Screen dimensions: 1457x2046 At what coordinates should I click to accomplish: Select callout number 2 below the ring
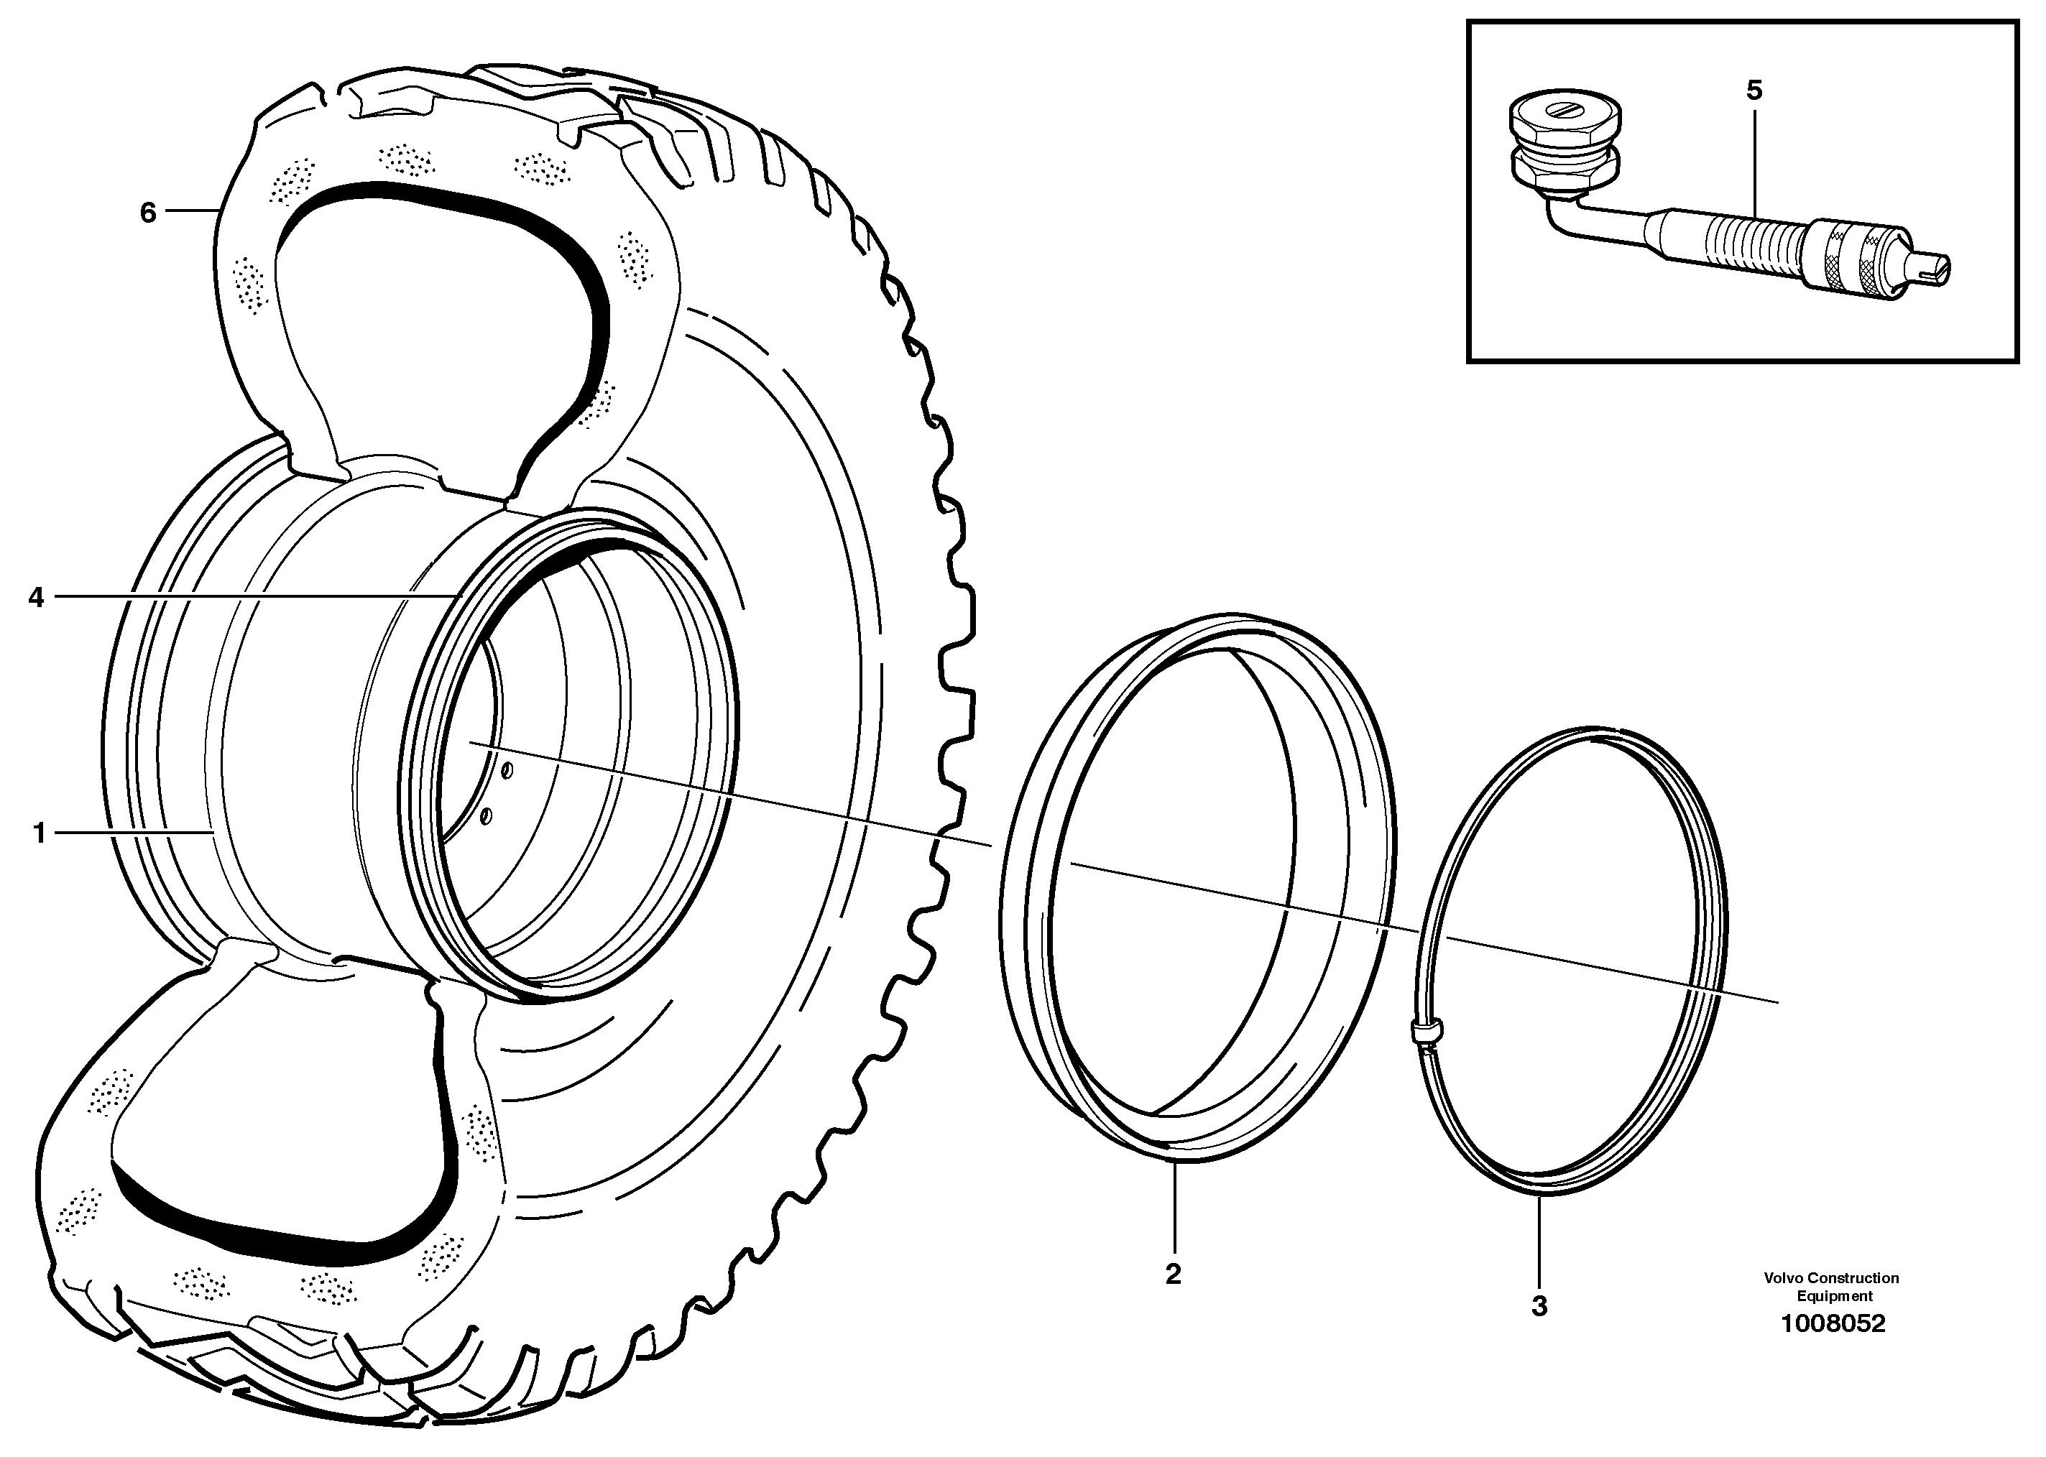pos(1173,1274)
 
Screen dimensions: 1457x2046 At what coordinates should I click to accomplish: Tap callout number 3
pos(1539,1306)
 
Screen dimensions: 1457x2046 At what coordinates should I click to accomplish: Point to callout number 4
pos(36,596)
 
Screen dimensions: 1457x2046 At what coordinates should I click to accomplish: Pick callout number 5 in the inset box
pos(1754,91)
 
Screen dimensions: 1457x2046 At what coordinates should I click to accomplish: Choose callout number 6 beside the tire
pos(148,213)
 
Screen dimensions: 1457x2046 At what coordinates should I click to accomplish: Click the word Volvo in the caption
pos(1783,1277)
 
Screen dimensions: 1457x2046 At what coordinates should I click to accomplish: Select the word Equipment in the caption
pos(1834,1295)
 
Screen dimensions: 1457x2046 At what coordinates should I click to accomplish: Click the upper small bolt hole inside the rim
pos(507,769)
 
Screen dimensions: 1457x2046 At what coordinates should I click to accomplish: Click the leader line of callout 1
pos(134,833)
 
